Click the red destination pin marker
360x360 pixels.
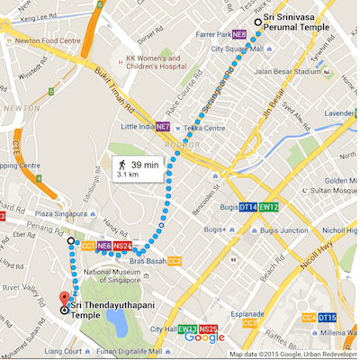tap(63, 300)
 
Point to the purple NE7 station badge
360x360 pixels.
tap(162, 126)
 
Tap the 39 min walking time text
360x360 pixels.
tap(144, 165)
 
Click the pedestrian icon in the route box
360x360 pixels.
tap(121, 166)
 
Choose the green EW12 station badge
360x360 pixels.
tap(270, 207)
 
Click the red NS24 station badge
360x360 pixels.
tap(123, 246)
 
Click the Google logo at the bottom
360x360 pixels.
tap(204, 337)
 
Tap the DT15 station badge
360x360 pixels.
tap(328, 318)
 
